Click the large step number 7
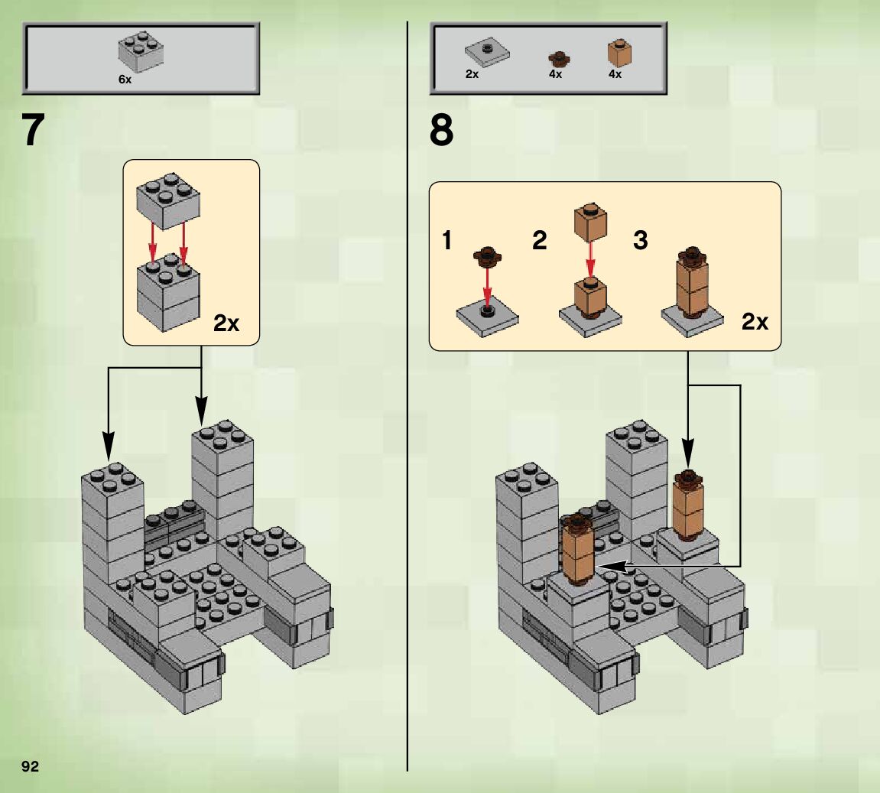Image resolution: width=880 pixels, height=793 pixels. pos(33,130)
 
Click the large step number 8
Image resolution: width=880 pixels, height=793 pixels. pos(442,130)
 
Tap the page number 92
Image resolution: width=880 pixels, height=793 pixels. pos(31,767)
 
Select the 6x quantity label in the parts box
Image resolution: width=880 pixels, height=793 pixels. pos(125,80)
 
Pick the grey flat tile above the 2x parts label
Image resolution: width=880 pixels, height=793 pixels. pos(487,53)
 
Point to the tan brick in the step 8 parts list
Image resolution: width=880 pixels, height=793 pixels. pos(619,53)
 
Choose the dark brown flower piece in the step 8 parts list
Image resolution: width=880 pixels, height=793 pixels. pos(558,58)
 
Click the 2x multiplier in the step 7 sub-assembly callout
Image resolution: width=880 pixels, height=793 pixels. pos(226,323)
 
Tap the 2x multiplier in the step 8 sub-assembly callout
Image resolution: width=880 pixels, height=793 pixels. pos(755,322)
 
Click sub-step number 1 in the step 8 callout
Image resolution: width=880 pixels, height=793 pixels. pos(446,240)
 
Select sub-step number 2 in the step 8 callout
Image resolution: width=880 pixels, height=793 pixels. pos(539,240)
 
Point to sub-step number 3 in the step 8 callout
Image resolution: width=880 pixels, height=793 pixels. pos(641,240)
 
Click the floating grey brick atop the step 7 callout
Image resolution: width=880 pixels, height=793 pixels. pos(168,201)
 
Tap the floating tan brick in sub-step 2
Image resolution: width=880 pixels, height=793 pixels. pos(589,223)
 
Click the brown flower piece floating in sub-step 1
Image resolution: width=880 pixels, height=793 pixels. pos(487,255)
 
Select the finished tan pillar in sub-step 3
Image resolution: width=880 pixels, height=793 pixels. pos(692,281)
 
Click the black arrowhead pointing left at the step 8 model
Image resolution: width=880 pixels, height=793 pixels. pos(613,567)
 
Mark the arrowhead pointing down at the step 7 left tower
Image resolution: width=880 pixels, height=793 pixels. pos(109,446)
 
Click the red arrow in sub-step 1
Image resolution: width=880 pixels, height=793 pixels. pos(487,287)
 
